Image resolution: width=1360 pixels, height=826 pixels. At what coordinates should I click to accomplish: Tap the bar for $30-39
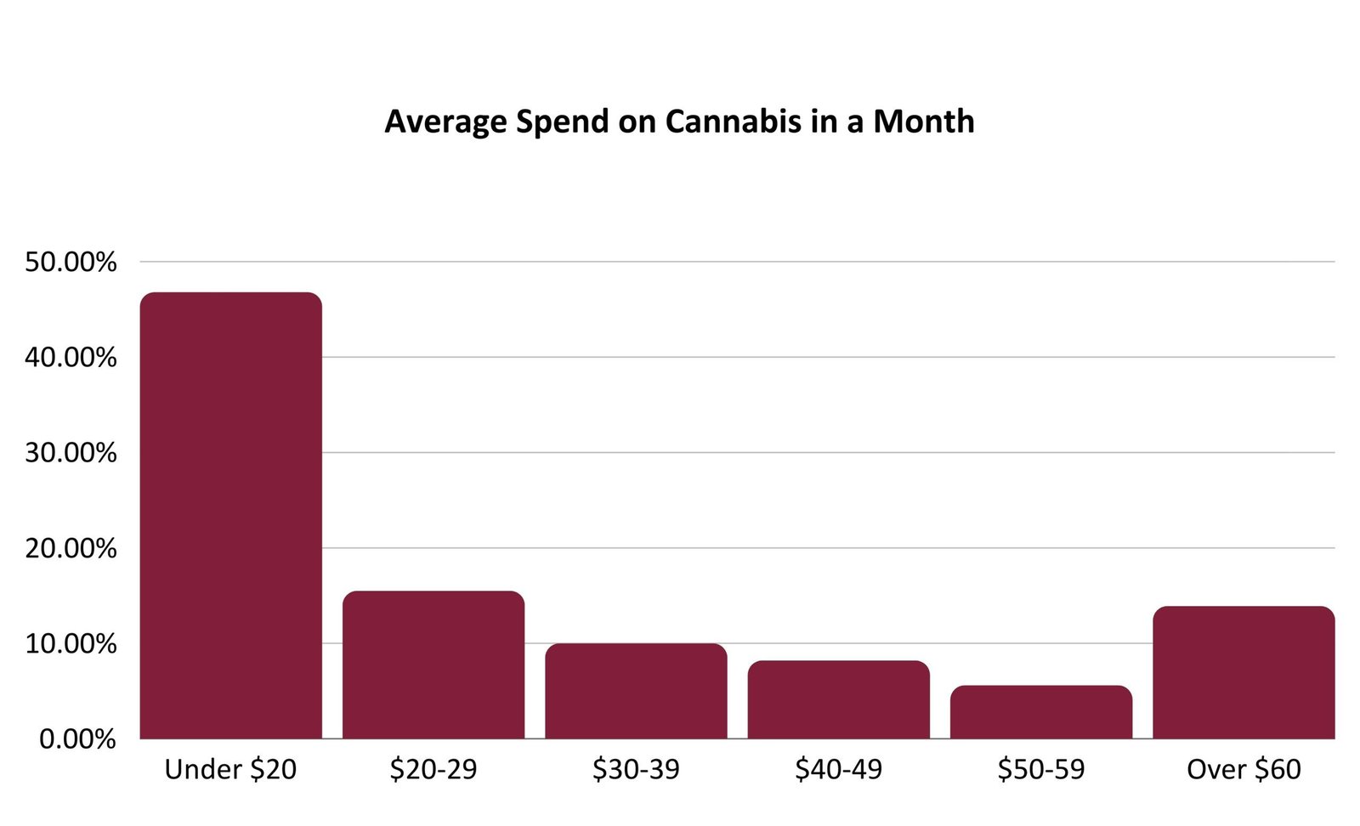point(636,691)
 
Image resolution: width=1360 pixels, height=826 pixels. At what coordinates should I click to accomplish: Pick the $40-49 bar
point(838,699)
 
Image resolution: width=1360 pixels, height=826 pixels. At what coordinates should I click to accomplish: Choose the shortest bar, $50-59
point(1041,712)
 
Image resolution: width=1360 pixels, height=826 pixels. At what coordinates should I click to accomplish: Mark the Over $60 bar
point(1244,672)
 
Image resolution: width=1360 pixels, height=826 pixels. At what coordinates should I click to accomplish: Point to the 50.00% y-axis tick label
point(71,262)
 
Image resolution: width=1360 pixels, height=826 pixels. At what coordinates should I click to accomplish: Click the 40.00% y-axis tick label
point(71,357)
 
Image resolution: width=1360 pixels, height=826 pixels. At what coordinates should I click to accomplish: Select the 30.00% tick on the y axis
point(71,453)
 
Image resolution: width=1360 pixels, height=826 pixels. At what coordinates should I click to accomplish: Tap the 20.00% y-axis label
point(71,548)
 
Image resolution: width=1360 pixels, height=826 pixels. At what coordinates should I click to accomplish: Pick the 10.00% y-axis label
point(71,643)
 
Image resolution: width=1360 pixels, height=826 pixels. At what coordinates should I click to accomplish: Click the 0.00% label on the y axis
point(77,738)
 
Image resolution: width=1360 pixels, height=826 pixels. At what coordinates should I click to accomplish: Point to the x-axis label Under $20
point(230,769)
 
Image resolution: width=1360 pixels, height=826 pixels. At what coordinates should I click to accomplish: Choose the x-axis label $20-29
point(433,769)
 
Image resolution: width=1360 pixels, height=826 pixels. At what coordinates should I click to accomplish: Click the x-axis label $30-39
point(636,769)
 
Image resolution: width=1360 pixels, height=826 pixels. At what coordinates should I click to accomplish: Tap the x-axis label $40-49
point(838,769)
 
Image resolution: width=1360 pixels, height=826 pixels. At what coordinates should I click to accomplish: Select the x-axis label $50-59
point(1041,769)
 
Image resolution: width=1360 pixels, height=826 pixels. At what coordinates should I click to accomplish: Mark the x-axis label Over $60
point(1244,769)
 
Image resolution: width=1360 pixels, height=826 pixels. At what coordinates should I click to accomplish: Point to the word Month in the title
point(923,122)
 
